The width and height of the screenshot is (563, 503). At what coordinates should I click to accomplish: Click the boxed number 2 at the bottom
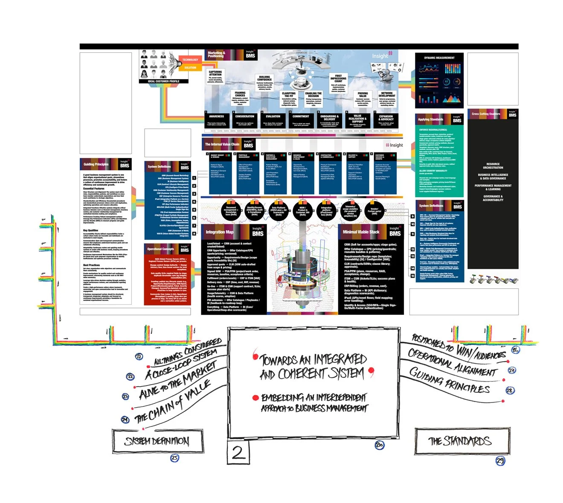click(x=238, y=452)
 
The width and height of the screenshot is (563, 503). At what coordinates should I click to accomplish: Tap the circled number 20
click(x=379, y=445)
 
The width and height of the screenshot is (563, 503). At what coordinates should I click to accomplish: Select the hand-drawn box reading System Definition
click(x=157, y=441)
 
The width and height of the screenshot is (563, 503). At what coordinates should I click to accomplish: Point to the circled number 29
click(x=500, y=460)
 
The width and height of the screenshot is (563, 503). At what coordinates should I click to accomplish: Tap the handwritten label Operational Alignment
click(x=452, y=362)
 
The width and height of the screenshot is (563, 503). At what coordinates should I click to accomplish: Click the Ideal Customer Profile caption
click(x=164, y=81)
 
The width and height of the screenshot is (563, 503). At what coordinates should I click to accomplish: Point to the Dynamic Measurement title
click(x=439, y=58)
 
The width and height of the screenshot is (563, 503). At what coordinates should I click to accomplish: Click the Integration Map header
click(x=220, y=232)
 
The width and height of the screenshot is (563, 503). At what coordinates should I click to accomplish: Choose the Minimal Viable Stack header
click(x=361, y=232)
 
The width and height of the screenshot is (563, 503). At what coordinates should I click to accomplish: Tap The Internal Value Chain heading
click(x=222, y=144)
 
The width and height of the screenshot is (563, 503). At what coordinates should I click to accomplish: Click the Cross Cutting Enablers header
click(x=486, y=114)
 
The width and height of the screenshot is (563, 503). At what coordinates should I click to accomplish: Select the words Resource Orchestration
click(x=493, y=166)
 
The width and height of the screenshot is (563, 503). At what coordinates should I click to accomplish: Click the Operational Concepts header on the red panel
click(x=161, y=249)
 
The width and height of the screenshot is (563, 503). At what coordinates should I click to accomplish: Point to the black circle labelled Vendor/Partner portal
click(x=374, y=210)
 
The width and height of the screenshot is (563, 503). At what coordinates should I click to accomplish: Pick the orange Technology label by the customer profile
click(x=190, y=60)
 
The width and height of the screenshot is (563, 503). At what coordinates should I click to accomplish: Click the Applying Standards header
click(x=430, y=120)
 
